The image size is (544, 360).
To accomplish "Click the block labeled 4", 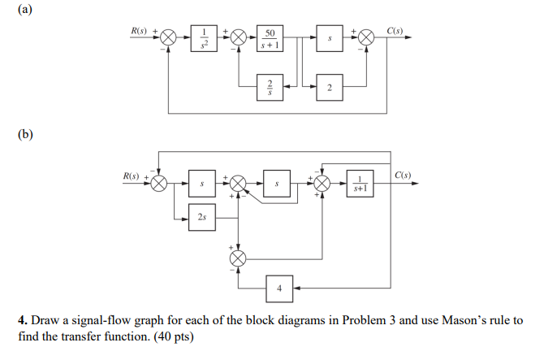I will tap(280, 288).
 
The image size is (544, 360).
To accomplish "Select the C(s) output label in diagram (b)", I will tap(403, 176).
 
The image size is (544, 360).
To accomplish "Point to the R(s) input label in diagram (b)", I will tap(132, 176).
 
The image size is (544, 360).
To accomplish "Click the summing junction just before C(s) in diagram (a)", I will tap(366, 37).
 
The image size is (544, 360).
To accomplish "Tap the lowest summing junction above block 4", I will tap(238, 258).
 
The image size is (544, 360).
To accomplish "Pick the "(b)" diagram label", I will tap(14, 133).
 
